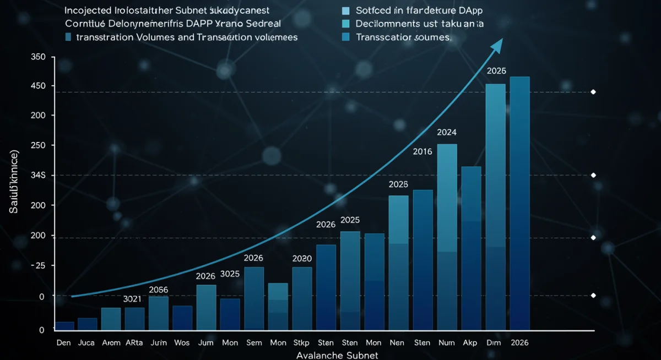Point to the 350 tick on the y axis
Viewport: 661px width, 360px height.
click(39, 57)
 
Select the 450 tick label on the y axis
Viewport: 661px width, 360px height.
click(39, 86)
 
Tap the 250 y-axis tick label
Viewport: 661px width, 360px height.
click(39, 145)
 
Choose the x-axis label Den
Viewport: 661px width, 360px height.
click(64, 342)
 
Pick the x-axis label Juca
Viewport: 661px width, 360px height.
click(87, 342)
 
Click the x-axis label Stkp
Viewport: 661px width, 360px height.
click(302, 342)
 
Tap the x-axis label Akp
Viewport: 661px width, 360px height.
click(470, 342)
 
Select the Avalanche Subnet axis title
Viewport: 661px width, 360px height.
click(337, 355)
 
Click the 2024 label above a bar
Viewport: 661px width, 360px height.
click(446, 132)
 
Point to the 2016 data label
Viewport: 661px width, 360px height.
click(422, 151)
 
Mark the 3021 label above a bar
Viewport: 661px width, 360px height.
click(132, 299)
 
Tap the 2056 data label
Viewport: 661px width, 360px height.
click(159, 290)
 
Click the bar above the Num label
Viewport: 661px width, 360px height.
click(447, 237)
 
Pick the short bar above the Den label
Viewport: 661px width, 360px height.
click(65, 326)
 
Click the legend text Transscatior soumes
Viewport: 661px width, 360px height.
click(403, 37)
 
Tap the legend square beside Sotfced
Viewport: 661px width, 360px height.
click(346, 11)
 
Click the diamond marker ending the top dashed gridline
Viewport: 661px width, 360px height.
click(593, 92)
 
